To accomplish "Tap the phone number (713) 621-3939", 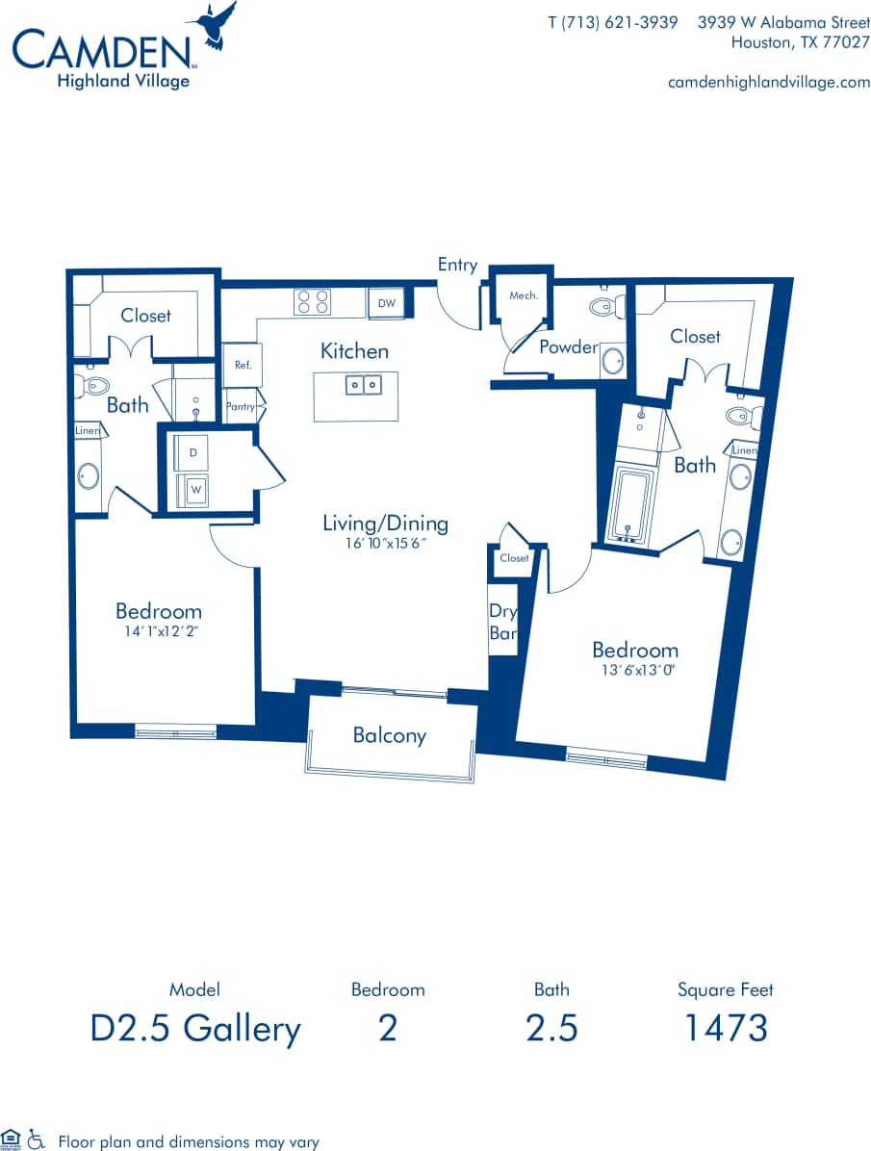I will pyautogui.click(x=613, y=22).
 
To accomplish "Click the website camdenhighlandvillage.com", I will pyautogui.click(x=768, y=82).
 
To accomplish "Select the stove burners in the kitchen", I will pyautogui.click(x=312, y=302).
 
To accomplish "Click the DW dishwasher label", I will pyautogui.click(x=386, y=303).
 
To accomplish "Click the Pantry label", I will pyautogui.click(x=241, y=407).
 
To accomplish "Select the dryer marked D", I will pyautogui.click(x=192, y=452).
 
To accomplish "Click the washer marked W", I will pyautogui.click(x=195, y=489).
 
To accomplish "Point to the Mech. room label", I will pyautogui.click(x=523, y=295).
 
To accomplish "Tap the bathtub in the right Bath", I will pyautogui.click(x=632, y=505).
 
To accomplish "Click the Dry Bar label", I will pyautogui.click(x=502, y=622).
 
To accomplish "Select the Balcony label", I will pyautogui.click(x=389, y=735).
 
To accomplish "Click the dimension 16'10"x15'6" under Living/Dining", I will pyautogui.click(x=384, y=544).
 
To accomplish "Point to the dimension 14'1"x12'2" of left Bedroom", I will pyautogui.click(x=158, y=631).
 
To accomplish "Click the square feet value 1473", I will pyautogui.click(x=725, y=1028).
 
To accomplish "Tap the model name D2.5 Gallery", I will pyautogui.click(x=195, y=1028).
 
